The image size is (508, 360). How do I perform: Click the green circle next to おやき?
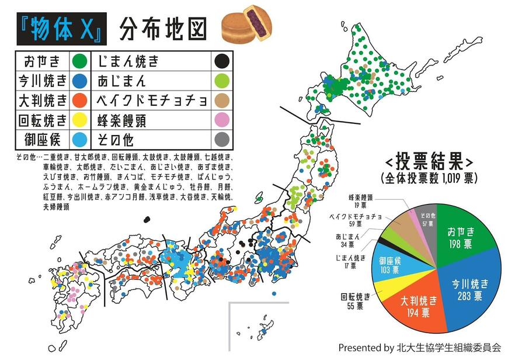pyautogui.click(x=79, y=61)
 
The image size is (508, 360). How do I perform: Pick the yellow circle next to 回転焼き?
pyautogui.click(x=79, y=120)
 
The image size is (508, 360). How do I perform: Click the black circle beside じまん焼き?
pyautogui.click(x=221, y=61)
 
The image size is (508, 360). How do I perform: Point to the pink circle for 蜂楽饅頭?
pyautogui.click(x=221, y=120)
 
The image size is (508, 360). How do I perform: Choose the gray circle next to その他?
pyautogui.click(x=221, y=140)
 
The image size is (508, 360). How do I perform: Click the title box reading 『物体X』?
pyautogui.click(x=61, y=29)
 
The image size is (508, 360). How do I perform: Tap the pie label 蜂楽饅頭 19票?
pyautogui.click(x=361, y=200)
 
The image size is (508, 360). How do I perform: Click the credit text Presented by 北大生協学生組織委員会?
pyautogui.click(x=419, y=347)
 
